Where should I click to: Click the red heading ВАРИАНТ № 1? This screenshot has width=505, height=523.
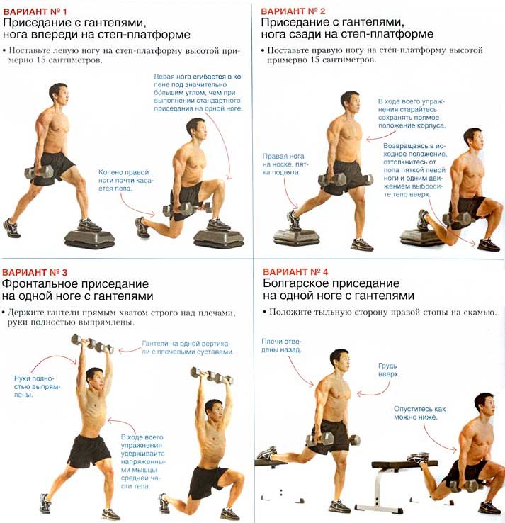coord(35,11)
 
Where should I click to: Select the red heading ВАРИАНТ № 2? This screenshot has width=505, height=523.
coord(293,11)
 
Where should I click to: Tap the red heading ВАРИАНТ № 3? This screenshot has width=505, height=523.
coord(35,273)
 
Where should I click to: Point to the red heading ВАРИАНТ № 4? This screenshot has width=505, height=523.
coord(295,272)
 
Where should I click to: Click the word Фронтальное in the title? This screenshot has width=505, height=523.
coord(40,284)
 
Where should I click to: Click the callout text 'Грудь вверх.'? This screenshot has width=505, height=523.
coord(389,370)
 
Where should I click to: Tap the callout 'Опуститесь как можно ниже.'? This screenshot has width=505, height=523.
coord(419,413)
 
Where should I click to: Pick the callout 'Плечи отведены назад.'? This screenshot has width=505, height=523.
coord(281,346)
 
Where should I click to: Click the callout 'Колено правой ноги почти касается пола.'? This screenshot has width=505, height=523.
coord(125,181)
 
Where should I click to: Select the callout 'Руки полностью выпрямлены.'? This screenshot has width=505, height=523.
coord(37,386)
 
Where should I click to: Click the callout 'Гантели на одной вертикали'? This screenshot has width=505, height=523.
coord(188,347)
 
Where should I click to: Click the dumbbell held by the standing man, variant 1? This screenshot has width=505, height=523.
coord(39,171)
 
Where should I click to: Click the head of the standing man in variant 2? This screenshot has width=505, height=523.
coord(351,102)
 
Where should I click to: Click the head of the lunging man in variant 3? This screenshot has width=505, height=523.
coord(214,412)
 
